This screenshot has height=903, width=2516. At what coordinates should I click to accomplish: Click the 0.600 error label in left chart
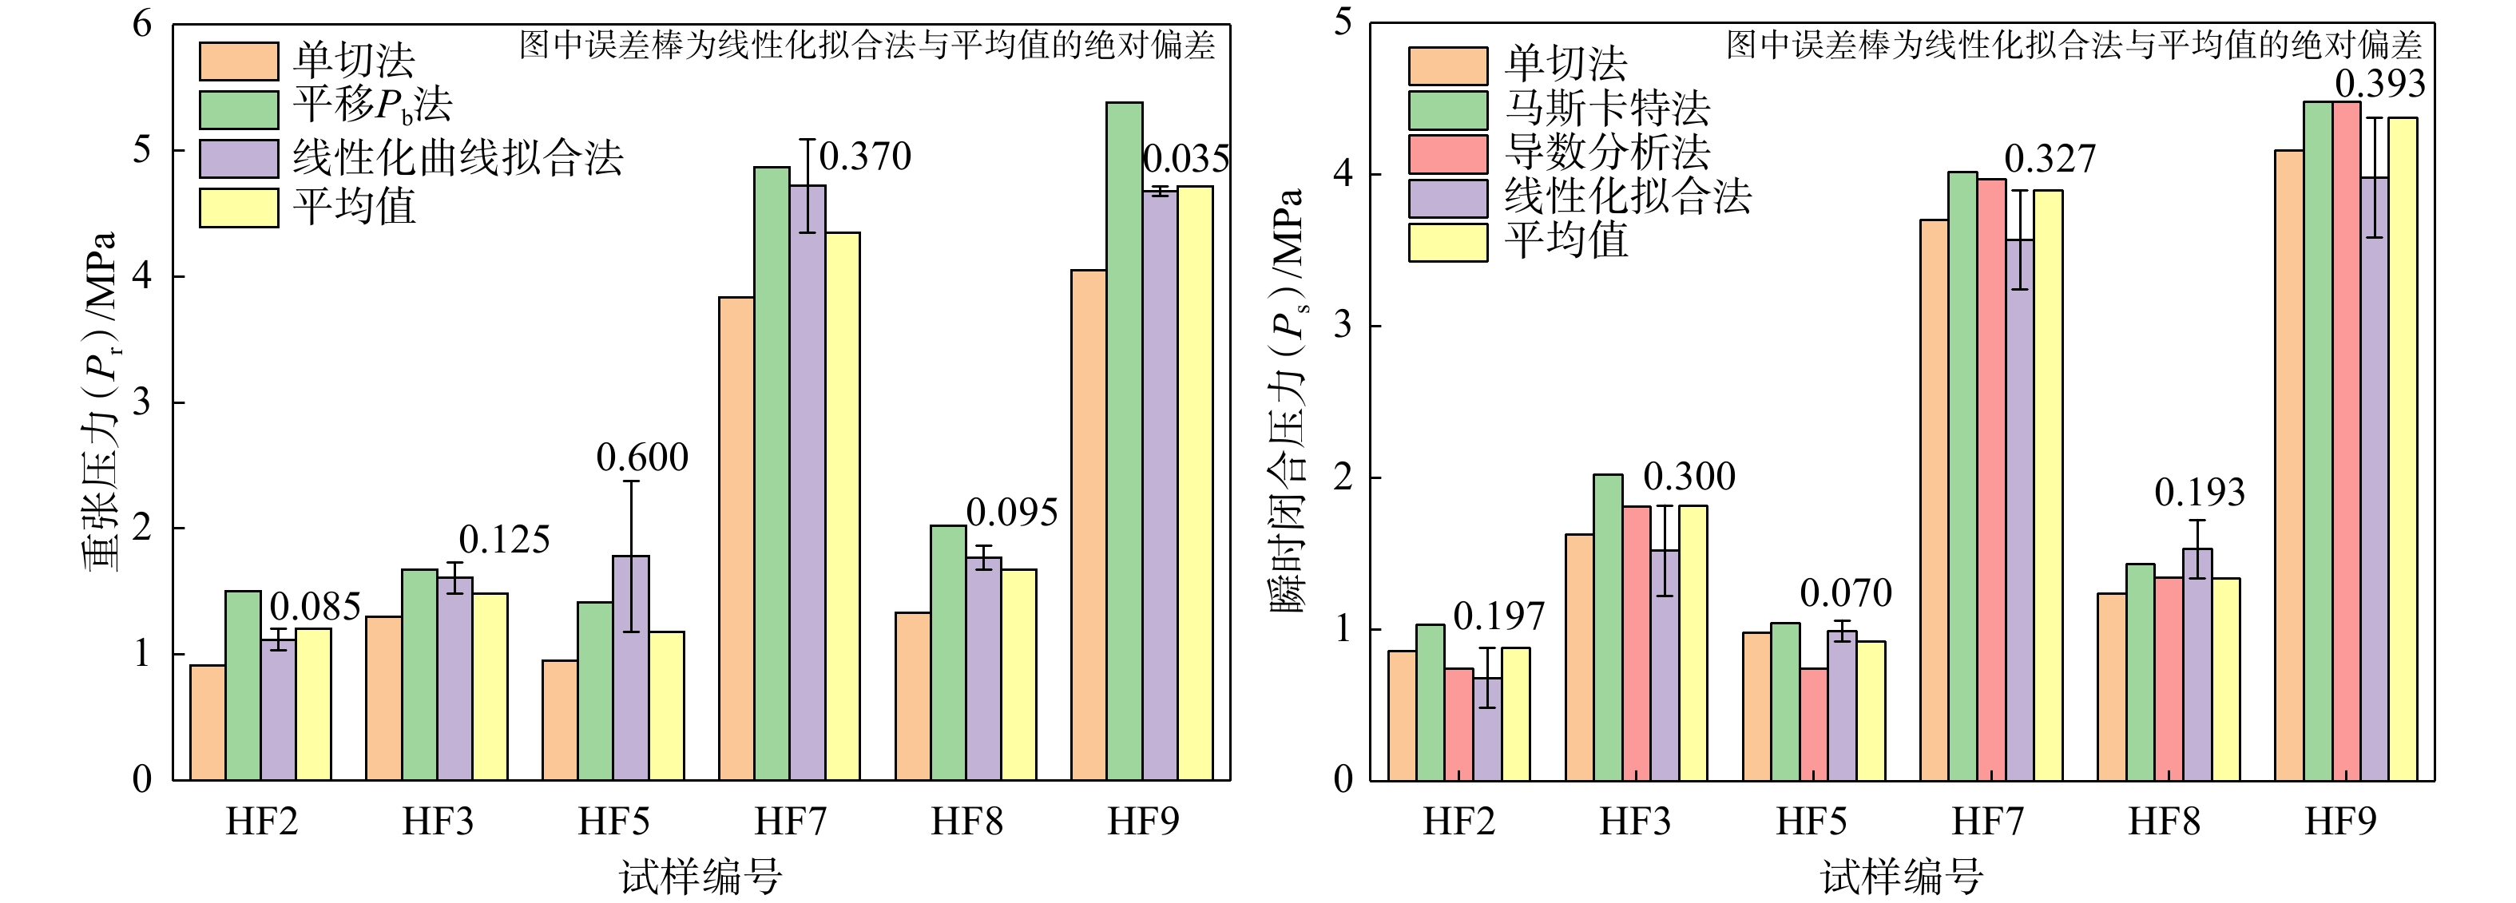point(641,457)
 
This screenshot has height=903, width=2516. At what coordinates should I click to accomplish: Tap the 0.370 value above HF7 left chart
point(864,156)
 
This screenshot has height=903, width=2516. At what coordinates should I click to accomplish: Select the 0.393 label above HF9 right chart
point(2379,85)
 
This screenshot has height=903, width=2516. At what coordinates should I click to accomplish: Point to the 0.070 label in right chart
point(1845,593)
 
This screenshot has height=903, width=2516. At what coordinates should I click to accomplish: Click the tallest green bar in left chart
point(1124,439)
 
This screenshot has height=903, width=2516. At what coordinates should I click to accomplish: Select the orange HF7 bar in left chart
point(736,537)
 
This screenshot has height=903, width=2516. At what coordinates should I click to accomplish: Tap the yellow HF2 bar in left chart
point(312,704)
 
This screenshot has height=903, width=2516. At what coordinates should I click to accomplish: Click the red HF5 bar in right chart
point(1814,723)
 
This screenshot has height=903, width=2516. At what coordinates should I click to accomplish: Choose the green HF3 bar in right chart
point(1608,627)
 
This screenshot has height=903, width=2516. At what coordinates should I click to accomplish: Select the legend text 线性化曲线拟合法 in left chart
point(457,157)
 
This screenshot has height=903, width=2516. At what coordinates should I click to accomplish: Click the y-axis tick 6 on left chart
point(143,25)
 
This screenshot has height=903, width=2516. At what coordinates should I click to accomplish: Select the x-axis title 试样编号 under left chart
point(700,876)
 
